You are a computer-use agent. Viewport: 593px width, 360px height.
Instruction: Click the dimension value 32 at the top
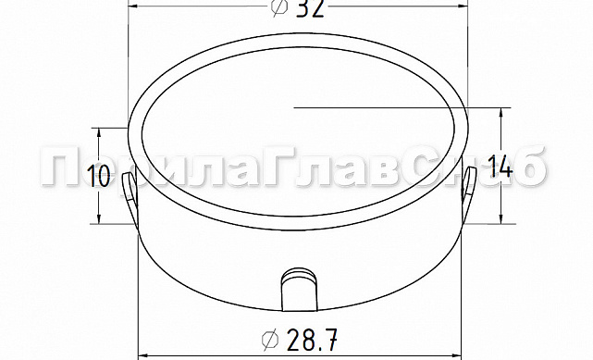pyautogui.click(x=309, y=7)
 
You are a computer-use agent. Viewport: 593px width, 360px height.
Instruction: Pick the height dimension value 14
pyautogui.click(x=500, y=168)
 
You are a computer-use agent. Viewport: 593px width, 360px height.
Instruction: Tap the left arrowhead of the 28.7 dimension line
pyautogui.click(x=144, y=353)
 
